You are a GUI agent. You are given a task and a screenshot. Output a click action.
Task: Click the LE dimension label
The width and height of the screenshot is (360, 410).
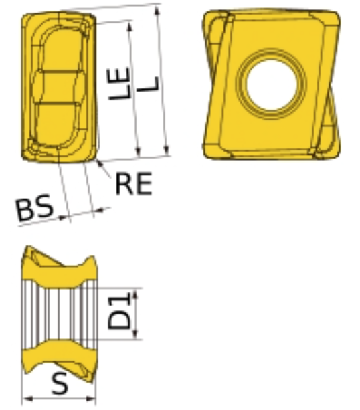[119, 84]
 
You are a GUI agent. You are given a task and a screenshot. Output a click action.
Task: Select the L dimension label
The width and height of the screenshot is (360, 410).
[149, 84]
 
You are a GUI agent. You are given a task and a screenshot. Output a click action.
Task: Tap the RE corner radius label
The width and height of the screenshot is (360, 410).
[134, 183]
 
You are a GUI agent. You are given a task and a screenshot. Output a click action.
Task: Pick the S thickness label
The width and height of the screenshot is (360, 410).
[60, 384]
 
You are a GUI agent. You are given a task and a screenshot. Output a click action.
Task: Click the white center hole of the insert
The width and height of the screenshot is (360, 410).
[271, 84]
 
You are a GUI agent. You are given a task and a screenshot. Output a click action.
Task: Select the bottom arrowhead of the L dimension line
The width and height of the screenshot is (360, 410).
[167, 150]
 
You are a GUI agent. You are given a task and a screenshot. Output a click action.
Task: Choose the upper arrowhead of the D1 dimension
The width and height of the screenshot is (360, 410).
[135, 293]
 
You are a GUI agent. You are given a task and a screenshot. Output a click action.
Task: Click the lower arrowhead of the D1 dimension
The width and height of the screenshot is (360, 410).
[135, 335]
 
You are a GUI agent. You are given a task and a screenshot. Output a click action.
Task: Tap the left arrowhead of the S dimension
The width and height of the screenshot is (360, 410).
[27, 399]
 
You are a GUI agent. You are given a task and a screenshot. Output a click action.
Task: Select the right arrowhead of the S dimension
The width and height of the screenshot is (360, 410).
[91, 399]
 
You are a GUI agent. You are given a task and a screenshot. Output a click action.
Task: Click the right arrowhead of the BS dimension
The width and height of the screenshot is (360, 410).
[98, 210]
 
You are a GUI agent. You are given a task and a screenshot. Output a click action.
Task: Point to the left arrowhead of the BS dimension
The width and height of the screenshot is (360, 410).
[64, 217]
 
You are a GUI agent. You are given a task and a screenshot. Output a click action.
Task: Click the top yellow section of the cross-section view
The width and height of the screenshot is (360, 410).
[60, 268]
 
